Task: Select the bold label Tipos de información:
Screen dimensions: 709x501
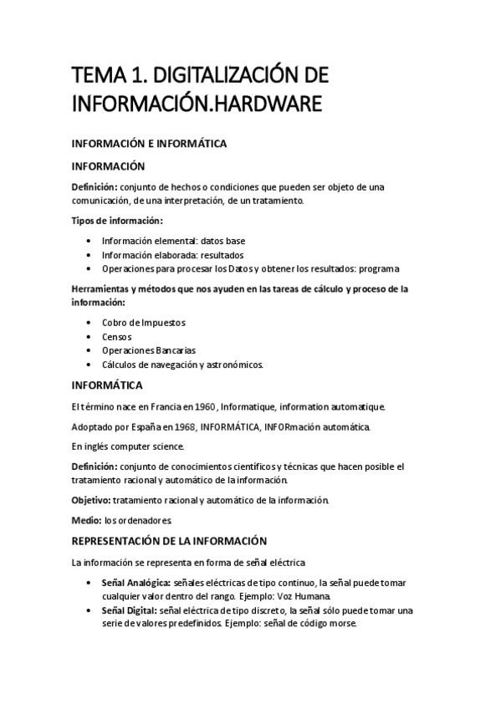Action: (117, 221)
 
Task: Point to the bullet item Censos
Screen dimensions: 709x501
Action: (117, 336)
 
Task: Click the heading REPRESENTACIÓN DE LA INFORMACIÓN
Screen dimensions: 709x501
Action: (170, 540)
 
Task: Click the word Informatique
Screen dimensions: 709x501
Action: (251, 406)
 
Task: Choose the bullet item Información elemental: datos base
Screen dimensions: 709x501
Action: (173, 241)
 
